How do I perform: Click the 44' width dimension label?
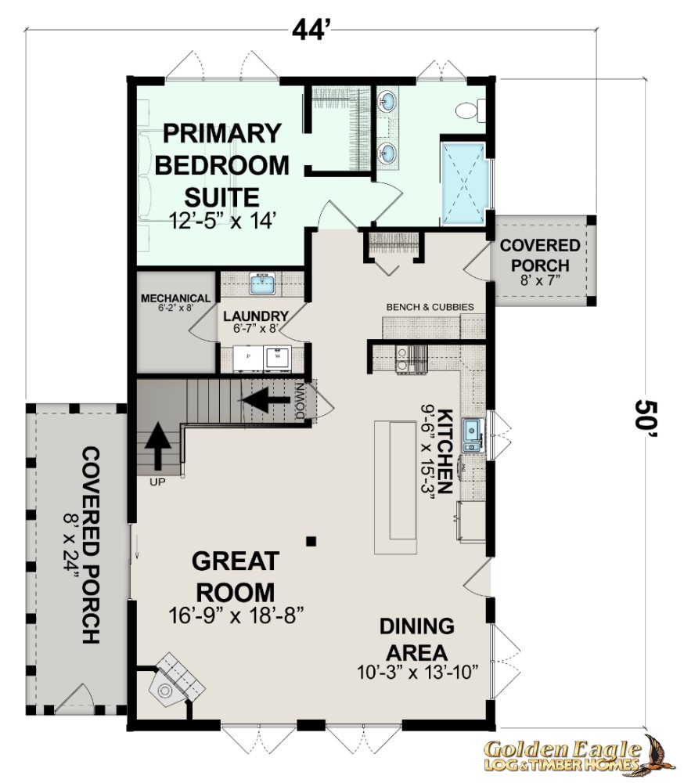point(310,31)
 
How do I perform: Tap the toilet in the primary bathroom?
point(470,110)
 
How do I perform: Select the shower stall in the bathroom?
point(464,183)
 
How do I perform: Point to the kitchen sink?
point(472,435)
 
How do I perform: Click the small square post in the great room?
point(311,541)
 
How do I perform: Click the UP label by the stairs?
point(157,482)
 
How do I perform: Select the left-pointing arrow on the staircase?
point(265,400)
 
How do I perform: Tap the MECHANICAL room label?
point(176,298)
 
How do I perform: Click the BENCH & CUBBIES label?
point(430,307)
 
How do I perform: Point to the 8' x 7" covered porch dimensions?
point(540,280)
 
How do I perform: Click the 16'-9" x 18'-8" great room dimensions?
point(236,615)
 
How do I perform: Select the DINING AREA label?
point(417,639)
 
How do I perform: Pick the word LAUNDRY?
point(256,316)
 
